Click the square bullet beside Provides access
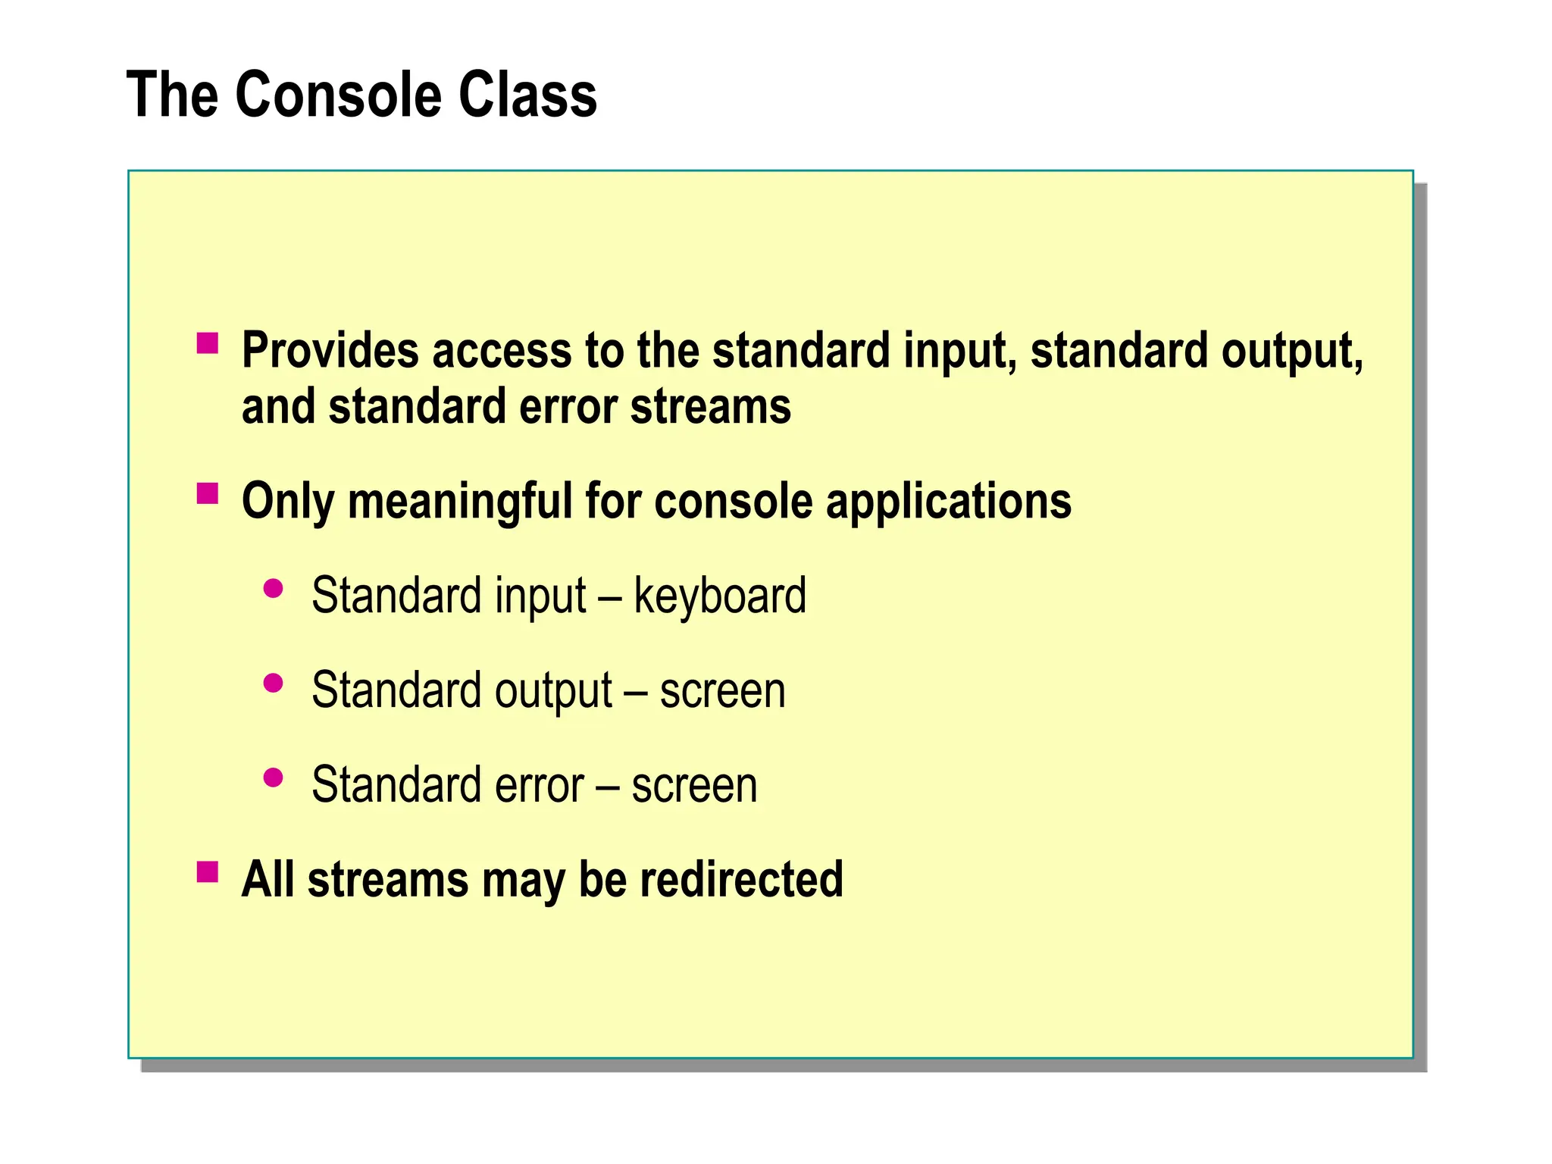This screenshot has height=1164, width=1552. [x=207, y=344]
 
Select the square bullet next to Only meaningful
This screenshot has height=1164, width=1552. [x=207, y=494]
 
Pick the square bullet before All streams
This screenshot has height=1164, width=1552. [x=207, y=872]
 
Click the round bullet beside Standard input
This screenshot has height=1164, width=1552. [x=273, y=589]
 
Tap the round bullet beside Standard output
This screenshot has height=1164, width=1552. [x=273, y=684]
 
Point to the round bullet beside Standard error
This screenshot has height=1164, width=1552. [x=273, y=778]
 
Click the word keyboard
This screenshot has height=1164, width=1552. [x=719, y=596]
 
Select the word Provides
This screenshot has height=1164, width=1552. [x=330, y=351]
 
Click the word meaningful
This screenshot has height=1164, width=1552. [x=459, y=502]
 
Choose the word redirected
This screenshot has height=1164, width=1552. [x=740, y=880]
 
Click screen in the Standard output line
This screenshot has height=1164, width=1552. [x=722, y=692]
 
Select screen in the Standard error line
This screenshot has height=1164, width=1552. [x=694, y=786]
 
